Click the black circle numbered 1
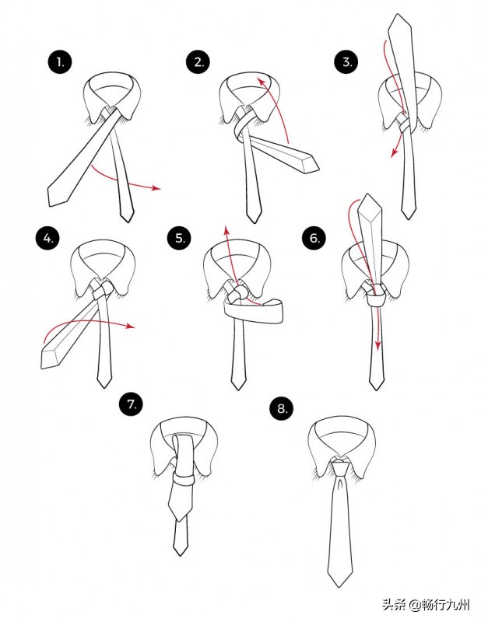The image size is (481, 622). pyautogui.click(x=60, y=62)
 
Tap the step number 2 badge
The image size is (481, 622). pyautogui.click(x=198, y=62)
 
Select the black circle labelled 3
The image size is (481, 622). pyautogui.click(x=346, y=62)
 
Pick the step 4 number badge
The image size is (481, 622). pyautogui.click(x=47, y=238)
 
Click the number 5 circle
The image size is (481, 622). pyautogui.click(x=180, y=238)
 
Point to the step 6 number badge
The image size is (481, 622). pyautogui.click(x=314, y=238)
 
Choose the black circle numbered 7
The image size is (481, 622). pyautogui.click(x=132, y=404)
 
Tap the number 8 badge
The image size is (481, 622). pyautogui.click(x=282, y=408)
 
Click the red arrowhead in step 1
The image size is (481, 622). pyautogui.click(x=156, y=187)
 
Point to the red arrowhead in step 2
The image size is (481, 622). pyautogui.click(x=261, y=82)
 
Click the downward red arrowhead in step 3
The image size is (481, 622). pyautogui.click(x=394, y=152)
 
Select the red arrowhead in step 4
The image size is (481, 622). pyautogui.click(x=130, y=326)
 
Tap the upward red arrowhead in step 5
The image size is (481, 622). pyautogui.click(x=226, y=230)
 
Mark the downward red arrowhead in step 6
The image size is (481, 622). pyautogui.click(x=378, y=345)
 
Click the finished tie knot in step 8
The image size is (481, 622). pyautogui.click(x=341, y=469)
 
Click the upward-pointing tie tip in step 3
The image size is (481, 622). pyautogui.click(x=398, y=15)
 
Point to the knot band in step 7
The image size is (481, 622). pyautogui.click(x=183, y=480)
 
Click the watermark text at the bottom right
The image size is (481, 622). pyautogui.click(x=427, y=605)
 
